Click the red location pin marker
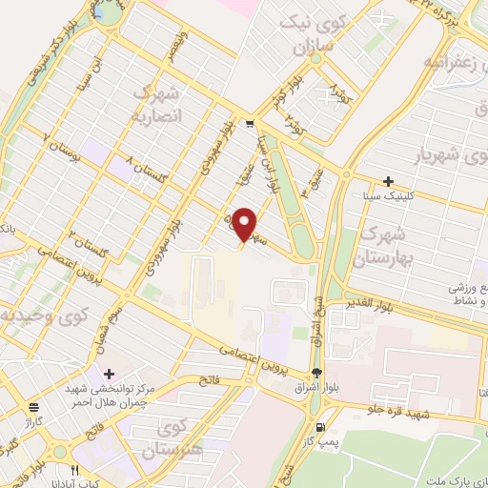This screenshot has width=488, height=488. [x=245, y=225]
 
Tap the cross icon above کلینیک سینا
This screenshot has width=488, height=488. [x=388, y=181]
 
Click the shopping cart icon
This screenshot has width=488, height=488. [x=249, y=124]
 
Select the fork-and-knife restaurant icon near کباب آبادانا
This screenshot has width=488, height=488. [x=76, y=470]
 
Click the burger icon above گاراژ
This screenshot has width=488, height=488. [x=33, y=405]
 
